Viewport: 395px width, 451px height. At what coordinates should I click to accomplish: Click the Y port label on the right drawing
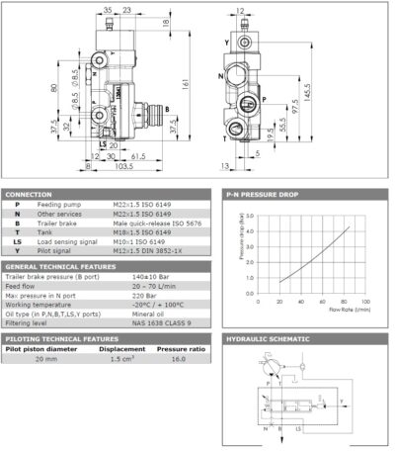click(226, 44)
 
